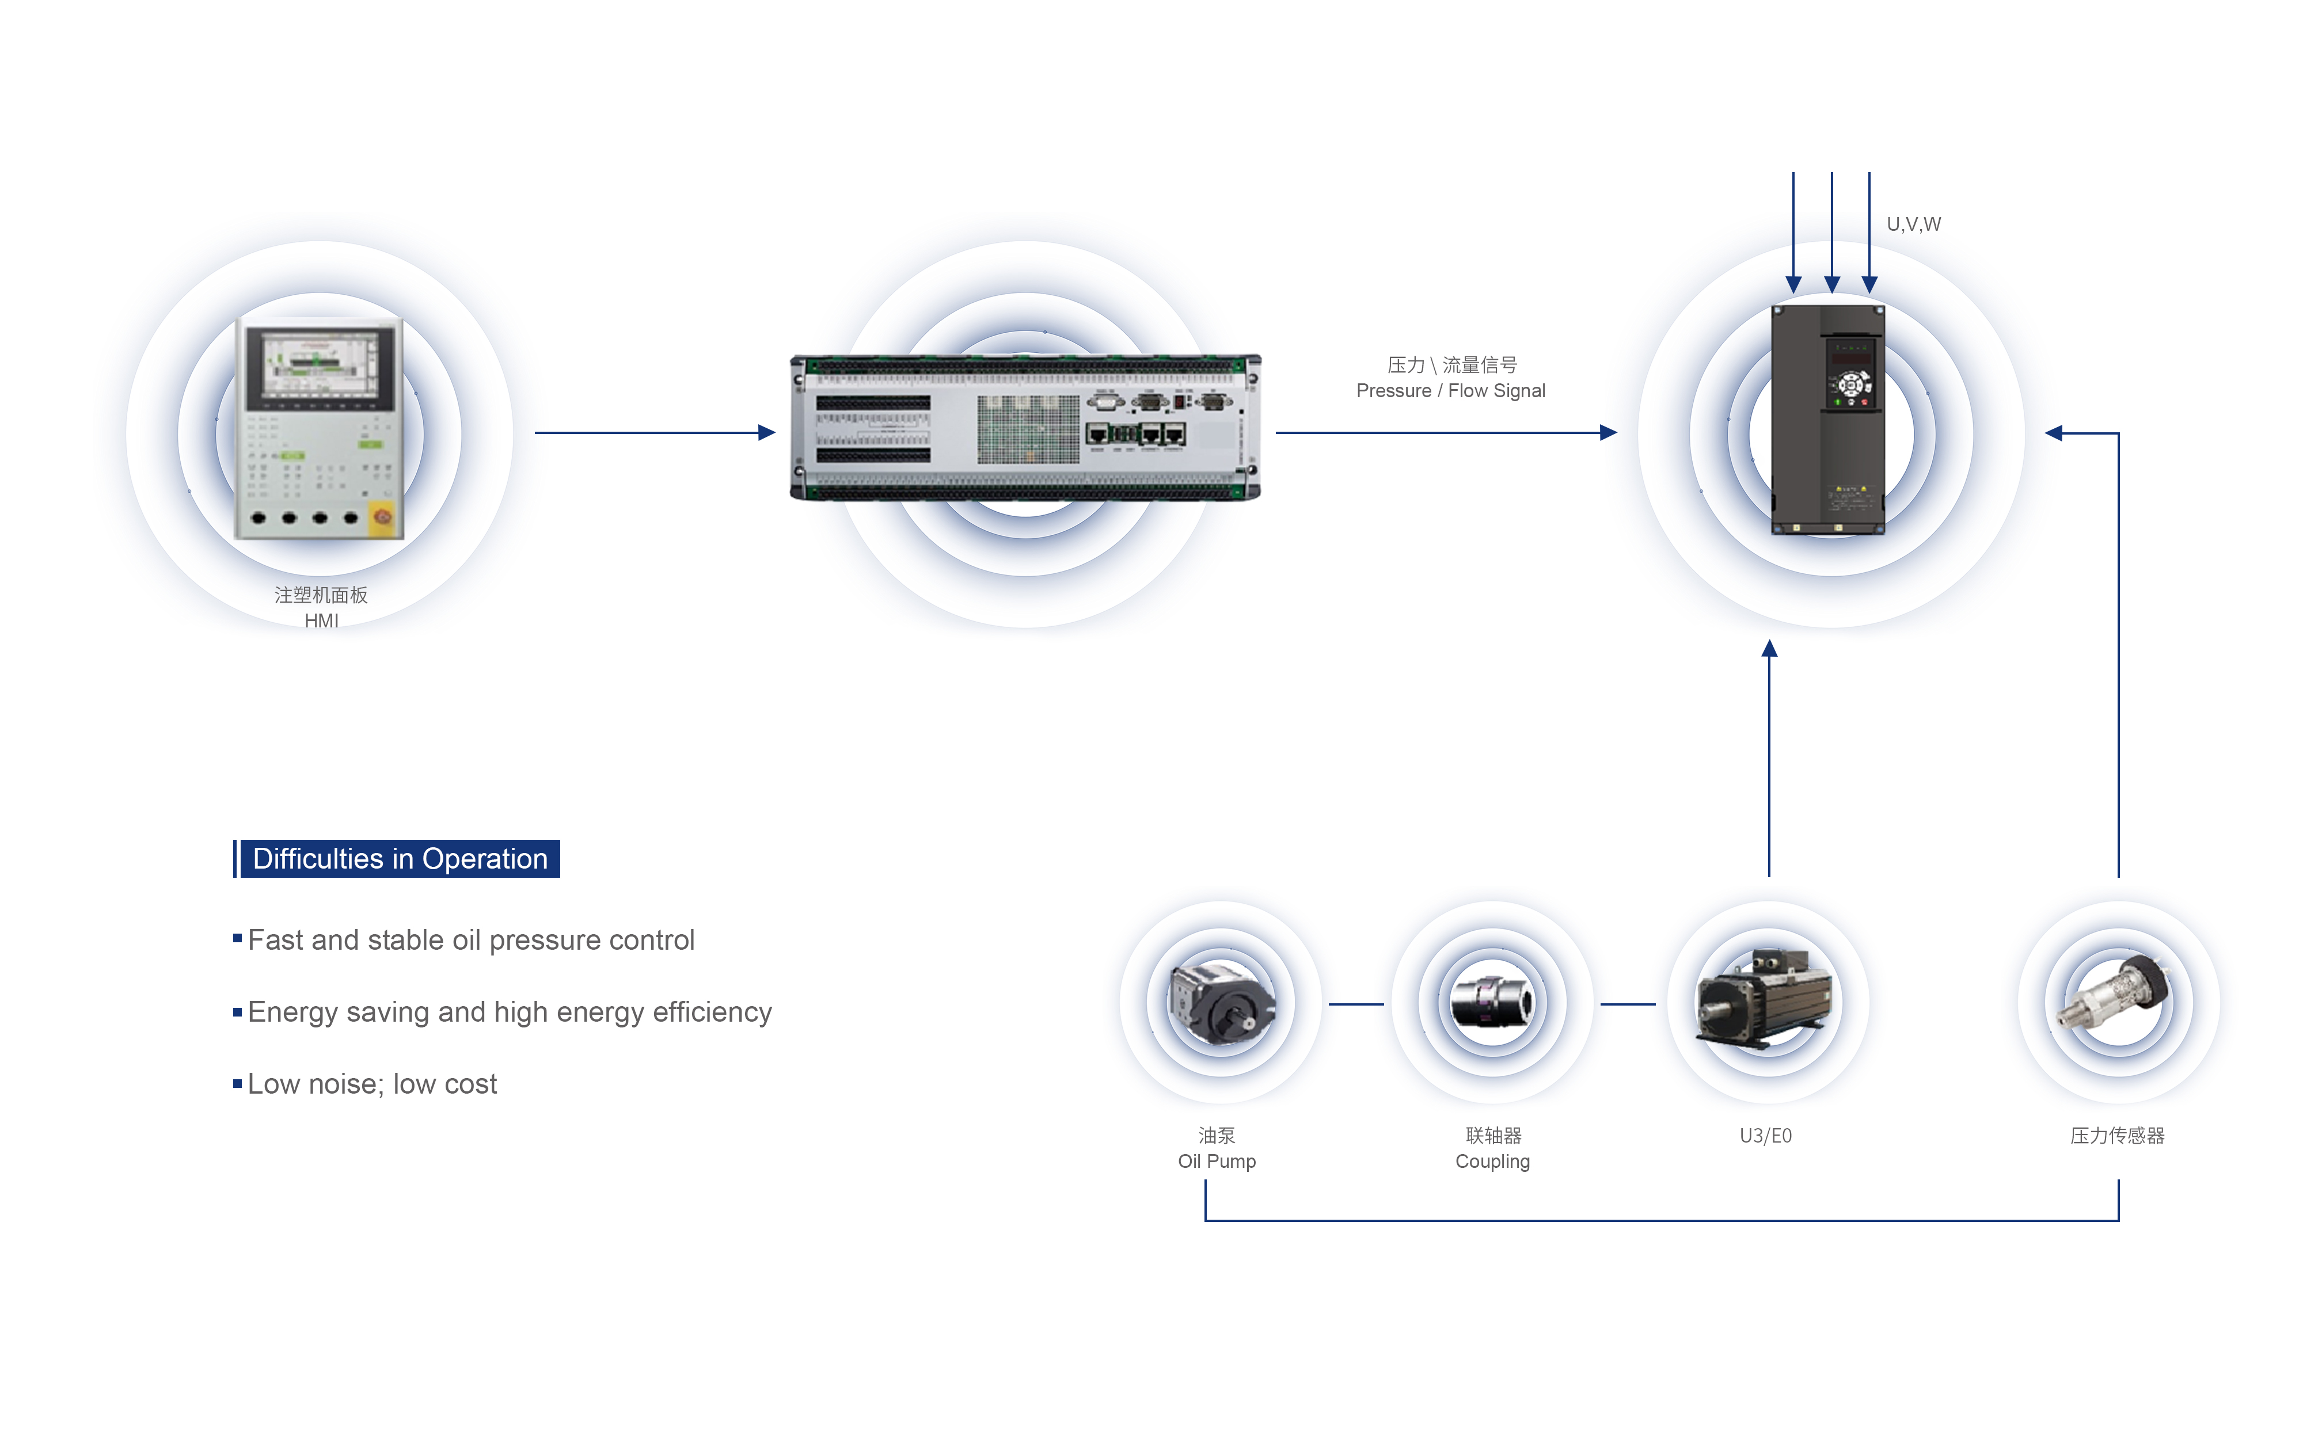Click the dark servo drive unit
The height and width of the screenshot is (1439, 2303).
[1827, 420]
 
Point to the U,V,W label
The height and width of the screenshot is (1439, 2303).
[1913, 224]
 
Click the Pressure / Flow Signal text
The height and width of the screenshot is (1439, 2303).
[1450, 391]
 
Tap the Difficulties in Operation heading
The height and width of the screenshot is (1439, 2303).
[400, 858]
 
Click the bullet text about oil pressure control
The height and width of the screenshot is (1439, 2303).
[471, 941]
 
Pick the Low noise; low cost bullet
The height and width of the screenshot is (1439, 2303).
[372, 1084]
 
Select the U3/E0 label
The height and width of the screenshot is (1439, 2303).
[1765, 1136]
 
